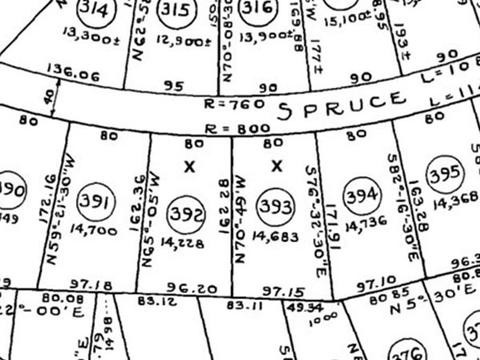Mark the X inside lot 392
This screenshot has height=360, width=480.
click(x=188, y=167)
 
